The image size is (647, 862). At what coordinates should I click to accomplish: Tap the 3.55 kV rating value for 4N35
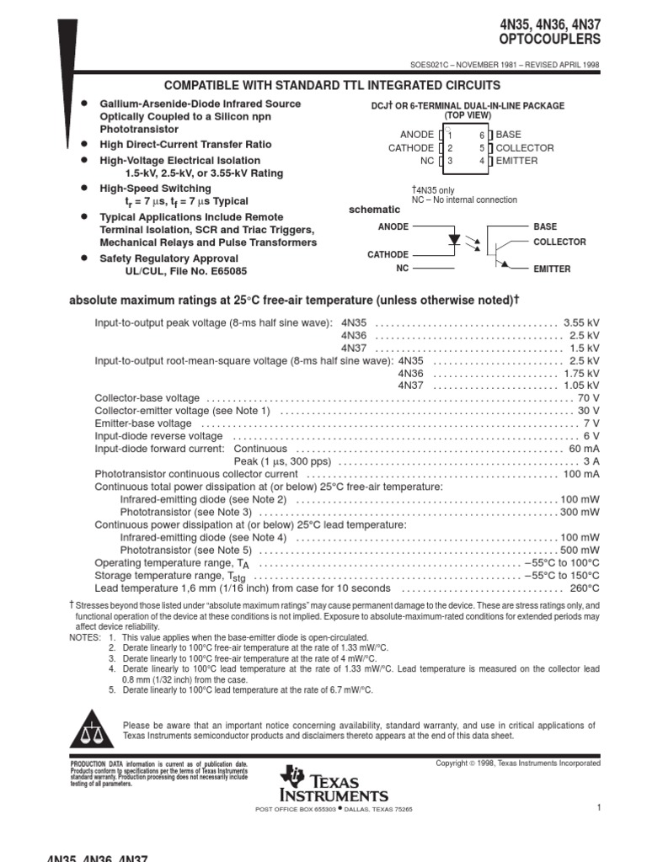581,322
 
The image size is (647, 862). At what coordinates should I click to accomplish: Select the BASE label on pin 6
509,135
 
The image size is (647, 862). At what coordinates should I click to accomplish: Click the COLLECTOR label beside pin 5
525,147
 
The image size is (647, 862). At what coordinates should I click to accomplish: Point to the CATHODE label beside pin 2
410,147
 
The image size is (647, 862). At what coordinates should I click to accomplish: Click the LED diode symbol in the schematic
455,239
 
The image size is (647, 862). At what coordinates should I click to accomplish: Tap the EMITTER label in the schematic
552,269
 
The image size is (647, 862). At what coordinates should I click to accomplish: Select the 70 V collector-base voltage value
589,397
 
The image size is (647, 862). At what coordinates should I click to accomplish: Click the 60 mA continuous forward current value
584,449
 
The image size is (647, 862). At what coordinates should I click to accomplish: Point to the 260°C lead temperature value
585,588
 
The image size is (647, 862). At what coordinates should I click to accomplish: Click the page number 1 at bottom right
597,808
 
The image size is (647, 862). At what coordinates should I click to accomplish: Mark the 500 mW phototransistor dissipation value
580,550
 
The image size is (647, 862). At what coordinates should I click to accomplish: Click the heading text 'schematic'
375,209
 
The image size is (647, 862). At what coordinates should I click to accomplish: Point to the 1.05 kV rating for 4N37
581,385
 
